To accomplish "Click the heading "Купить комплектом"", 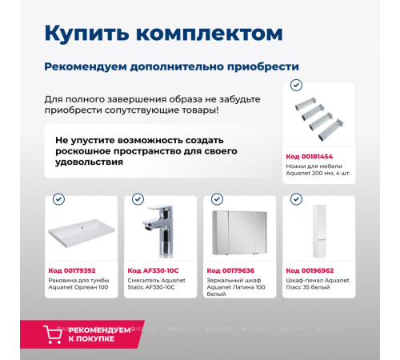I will pyautogui.click(x=162, y=34).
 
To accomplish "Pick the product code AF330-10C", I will pyautogui.click(x=152, y=270).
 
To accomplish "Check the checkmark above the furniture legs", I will pyautogui.click(x=296, y=84).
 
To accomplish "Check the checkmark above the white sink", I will pyautogui.click(x=58, y=199).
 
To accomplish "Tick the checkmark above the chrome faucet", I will pyautogui.click(x=137, y=199).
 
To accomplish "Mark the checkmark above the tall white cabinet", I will pyautogui.click(x=294, y=199).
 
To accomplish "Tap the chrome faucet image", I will pyautogui.click(x=159, y=233).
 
